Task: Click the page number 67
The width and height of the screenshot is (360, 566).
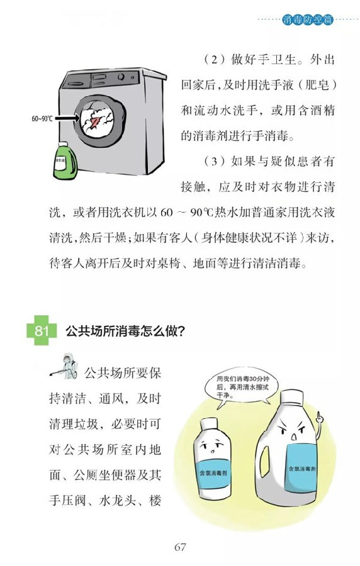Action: pyautogui.click(x=180, y=547)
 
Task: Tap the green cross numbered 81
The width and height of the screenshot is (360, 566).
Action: pyautogui.click(x=42, y=330)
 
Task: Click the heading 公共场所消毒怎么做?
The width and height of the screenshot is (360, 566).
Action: pyautogui.click(x=125, y=331)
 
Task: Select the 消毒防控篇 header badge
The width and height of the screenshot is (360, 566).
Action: pyautogui.click(x=307, y=19)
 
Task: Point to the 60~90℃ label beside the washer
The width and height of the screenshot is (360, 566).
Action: pyautogui.click(x=42, y=118)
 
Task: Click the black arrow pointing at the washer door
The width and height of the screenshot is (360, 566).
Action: pyautogui.click(x=67, y=118)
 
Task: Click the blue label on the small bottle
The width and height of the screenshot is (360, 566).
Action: pyautogui.click(x=213, y=473)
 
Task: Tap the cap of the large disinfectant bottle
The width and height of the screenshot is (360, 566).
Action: pyautogui.click(x=291, y=397)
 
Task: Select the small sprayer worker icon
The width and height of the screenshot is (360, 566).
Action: pyautogui.click(x=64, y=366)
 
